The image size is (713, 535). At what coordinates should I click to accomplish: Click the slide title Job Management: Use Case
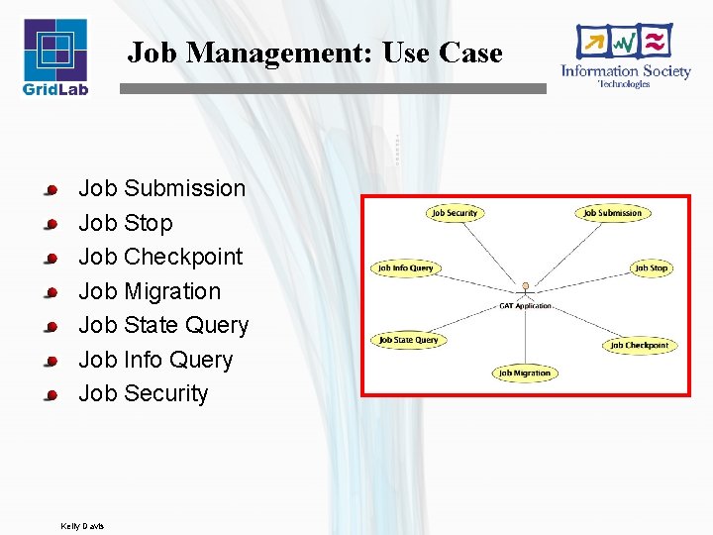[315, 53]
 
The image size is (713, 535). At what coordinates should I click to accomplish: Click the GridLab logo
[55, 56]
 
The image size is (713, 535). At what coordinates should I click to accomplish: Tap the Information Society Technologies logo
[625, 55]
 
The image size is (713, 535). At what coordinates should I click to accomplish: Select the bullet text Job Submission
[161, 188]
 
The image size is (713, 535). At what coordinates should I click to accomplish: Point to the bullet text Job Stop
[125, 223]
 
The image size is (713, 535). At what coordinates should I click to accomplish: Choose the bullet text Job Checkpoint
[160, 257]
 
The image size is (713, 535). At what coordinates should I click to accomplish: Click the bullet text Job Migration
[150, 291]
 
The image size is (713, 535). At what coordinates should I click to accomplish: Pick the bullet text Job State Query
[163, 325]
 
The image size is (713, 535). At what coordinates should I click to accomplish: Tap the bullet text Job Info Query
[155, 360]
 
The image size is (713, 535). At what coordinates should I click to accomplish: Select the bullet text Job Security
[144, 393]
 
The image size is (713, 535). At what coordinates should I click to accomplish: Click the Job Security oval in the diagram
[455, 213]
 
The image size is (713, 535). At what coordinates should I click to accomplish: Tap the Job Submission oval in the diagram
[612, 213]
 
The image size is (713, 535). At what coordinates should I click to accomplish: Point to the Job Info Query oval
[406, 267]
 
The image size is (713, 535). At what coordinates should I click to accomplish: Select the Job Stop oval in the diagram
[652, 267]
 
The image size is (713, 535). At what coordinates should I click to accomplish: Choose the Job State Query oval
[408, 340]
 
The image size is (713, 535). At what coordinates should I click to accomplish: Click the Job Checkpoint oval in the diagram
[639, 345]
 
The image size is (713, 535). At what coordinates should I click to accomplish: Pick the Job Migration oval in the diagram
[525, 373]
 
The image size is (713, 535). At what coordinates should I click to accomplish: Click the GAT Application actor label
[525, 306]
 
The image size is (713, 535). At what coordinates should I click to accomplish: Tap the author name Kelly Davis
[82, 525]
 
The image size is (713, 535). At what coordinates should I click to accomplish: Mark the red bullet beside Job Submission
[51, 189]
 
